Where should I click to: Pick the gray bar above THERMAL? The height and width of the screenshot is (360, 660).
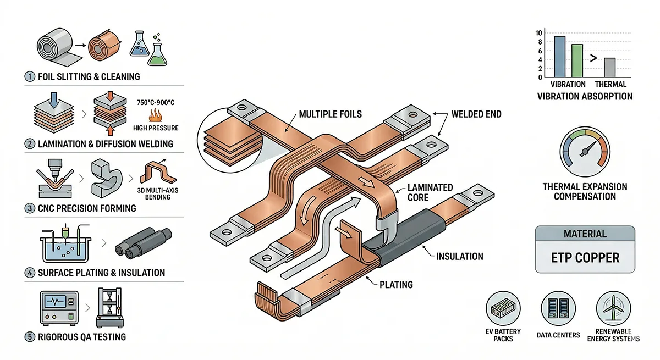(x=609, y=68)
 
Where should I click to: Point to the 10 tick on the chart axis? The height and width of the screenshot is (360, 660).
(x=540, y=33)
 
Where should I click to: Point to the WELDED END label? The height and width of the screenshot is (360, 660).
(x=476, y=114)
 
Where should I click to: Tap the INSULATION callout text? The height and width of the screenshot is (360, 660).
(x=459, y=256)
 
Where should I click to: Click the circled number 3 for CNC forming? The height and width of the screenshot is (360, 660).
(x=30, y=208)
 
